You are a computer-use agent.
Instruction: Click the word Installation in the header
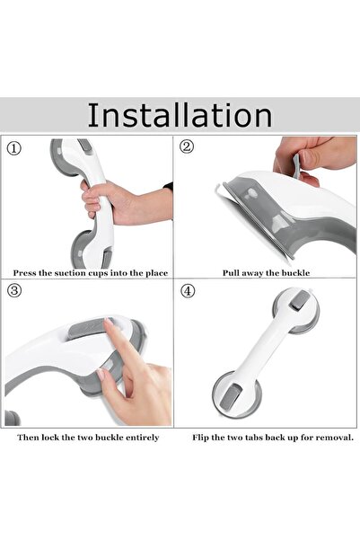(x=180, y=114)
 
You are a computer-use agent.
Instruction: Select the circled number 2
(x=187, y=147)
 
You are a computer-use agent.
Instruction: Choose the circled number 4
(x=188, y=293)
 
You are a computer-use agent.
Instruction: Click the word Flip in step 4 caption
(x=202, y=438)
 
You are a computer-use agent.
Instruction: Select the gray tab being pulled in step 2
(x=295, y=167)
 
